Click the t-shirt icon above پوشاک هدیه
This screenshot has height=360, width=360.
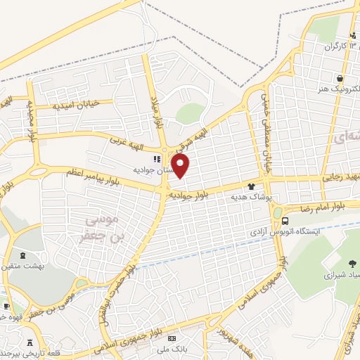[x=252, y=186]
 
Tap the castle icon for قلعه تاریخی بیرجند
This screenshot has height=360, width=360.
[x=29, y=343]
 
